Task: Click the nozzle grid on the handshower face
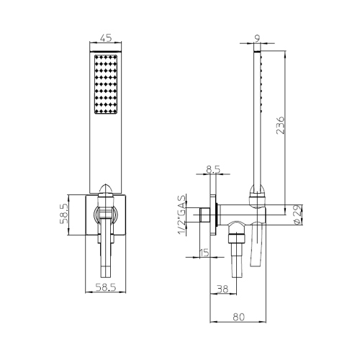105,85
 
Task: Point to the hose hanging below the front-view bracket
104,256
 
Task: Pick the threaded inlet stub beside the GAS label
206,215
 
